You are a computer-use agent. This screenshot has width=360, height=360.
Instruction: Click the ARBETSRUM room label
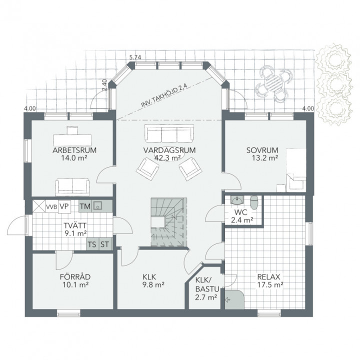pos(74,150)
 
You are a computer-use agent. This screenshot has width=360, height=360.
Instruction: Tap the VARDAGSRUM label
pos(169,150)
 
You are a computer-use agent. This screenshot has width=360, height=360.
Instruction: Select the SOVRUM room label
pos(262,150)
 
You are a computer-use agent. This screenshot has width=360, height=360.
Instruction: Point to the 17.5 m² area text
pos(270,285)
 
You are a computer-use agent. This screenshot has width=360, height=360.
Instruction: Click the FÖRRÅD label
pos(75,276)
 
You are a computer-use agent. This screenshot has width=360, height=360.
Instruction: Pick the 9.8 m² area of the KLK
pos(153,285)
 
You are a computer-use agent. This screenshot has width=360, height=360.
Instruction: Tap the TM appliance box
pos(85,206)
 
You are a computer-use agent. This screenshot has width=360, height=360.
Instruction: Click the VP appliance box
pos(64,206)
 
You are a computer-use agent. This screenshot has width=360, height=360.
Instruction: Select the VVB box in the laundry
pos(51,207)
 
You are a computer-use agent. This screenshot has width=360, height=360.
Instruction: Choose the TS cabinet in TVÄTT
pos(92,244)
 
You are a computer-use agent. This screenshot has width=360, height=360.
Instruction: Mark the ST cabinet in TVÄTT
pos(105,244)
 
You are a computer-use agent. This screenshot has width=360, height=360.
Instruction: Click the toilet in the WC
pos(254,202)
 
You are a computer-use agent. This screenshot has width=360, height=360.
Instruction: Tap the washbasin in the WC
pos(236,200)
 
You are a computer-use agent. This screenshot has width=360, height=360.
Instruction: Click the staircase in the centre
pos(169,222)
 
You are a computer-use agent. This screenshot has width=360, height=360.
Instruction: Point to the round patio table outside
pos(272,83)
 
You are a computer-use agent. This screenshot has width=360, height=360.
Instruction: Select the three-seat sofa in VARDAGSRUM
pos(169,133)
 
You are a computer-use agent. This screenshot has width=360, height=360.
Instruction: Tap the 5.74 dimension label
pos(135,57)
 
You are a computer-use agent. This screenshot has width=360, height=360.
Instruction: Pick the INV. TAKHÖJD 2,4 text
pos(164,96)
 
